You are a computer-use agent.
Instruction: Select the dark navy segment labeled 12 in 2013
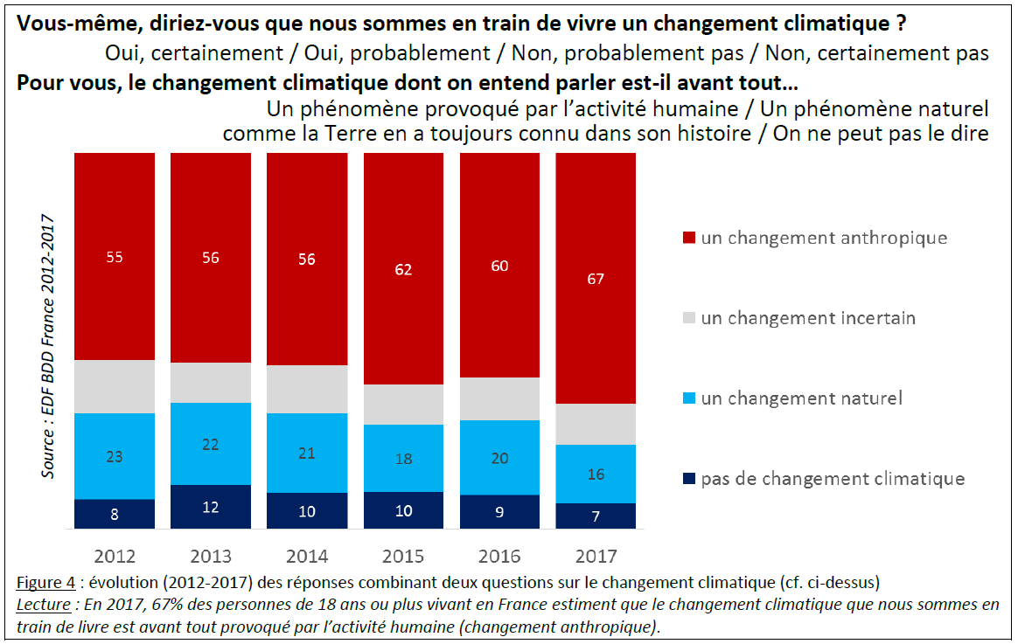tap(211, 507)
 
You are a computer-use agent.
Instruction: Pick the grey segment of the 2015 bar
tap(403, 405)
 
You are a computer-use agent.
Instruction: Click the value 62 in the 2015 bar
tap(403, 270)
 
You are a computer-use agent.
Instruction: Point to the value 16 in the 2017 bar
tap(596, 474)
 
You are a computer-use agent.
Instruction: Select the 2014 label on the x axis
tap(307, 556)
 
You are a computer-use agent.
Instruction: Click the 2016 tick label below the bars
tap(499, 556)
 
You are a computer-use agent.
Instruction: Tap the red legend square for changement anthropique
tap(688, 238)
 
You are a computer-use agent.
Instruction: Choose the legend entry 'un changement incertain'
tap(807, 318)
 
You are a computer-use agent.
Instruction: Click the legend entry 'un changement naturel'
tap(800, 398)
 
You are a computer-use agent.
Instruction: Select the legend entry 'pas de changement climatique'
tap(832, 479)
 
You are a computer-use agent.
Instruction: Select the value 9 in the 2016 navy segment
tap(499, 512)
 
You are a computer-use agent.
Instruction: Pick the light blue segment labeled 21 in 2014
tap(307, 453)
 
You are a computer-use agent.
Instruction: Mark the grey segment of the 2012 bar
tap(115, 386)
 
